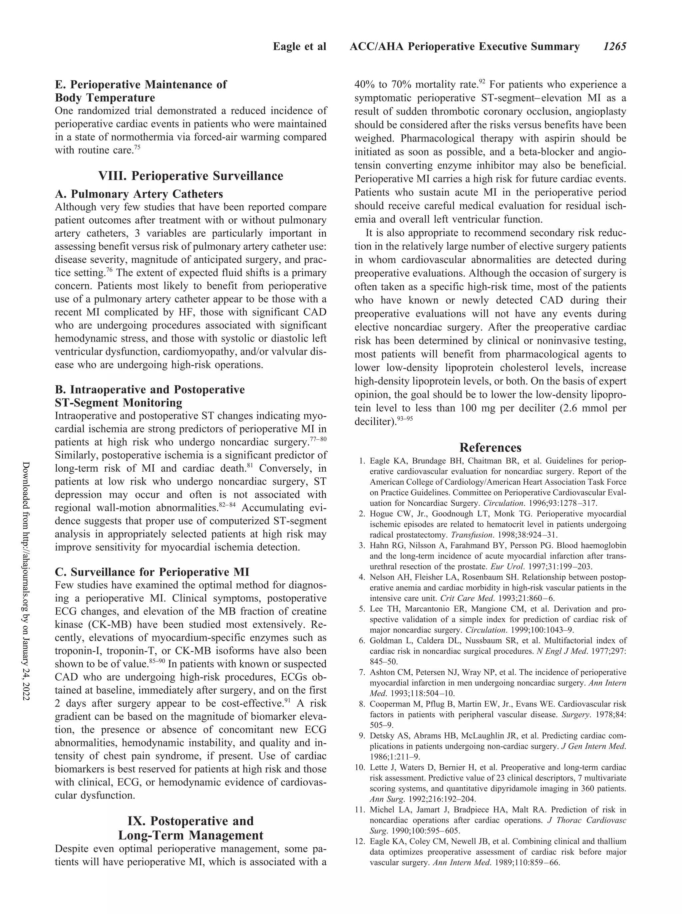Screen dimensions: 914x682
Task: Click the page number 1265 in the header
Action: pyautogui.click(x=614, y=47)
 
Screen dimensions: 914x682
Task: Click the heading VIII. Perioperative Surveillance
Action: pyautogui.click(x=190, y=176)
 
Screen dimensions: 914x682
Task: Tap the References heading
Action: pyautogui.click(x=490, y=448)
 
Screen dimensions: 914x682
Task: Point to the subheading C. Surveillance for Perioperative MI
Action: pyautogui.click(x=152, y=572)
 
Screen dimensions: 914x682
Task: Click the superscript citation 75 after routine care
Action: pyautogui.click(x=137, y=148)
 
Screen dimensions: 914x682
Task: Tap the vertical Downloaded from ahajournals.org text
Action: pyautogui.click(x=25, y=586)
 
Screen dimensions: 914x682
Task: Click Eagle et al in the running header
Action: pyautogui.click(x=299, y=47)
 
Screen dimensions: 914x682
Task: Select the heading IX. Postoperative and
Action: pyautogui.click(x=190, y=821)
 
